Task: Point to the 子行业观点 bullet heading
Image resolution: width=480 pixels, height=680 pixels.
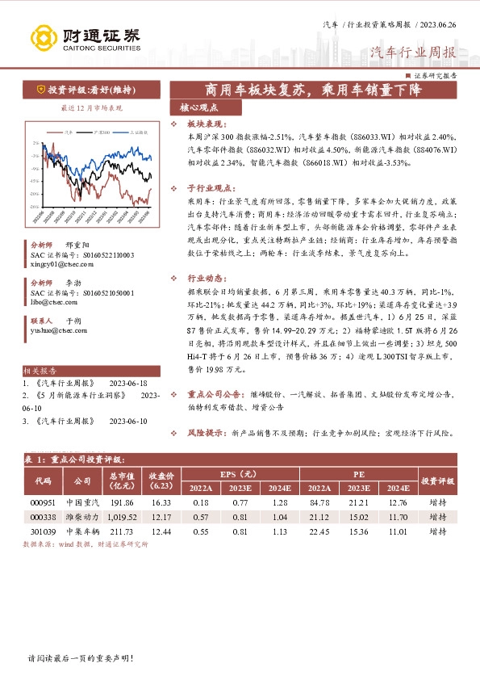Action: (206, 187)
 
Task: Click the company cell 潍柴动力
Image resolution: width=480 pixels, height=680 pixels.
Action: (82, 516)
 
